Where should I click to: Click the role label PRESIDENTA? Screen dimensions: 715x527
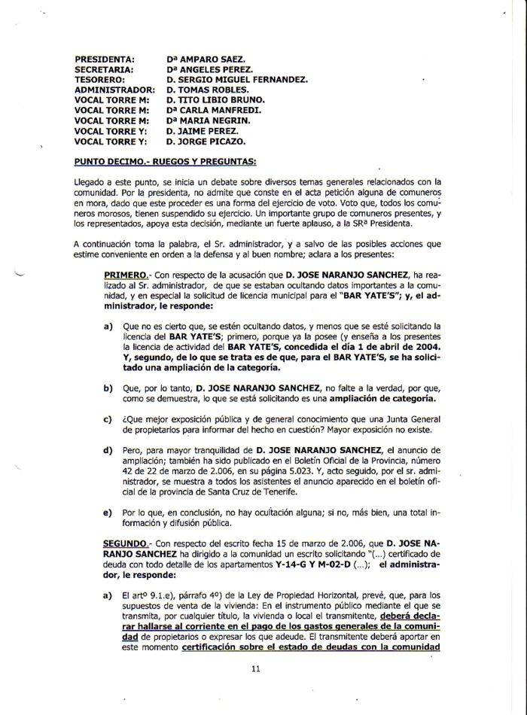coord(105,58)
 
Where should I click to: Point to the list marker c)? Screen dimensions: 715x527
coord(108,420)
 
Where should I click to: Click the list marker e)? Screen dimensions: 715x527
coord(108,512)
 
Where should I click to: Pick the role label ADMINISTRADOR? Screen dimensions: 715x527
coord(114,89)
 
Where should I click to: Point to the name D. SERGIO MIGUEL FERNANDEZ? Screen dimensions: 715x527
coord(236,78)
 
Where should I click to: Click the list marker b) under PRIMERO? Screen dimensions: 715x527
coord(108,387)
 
